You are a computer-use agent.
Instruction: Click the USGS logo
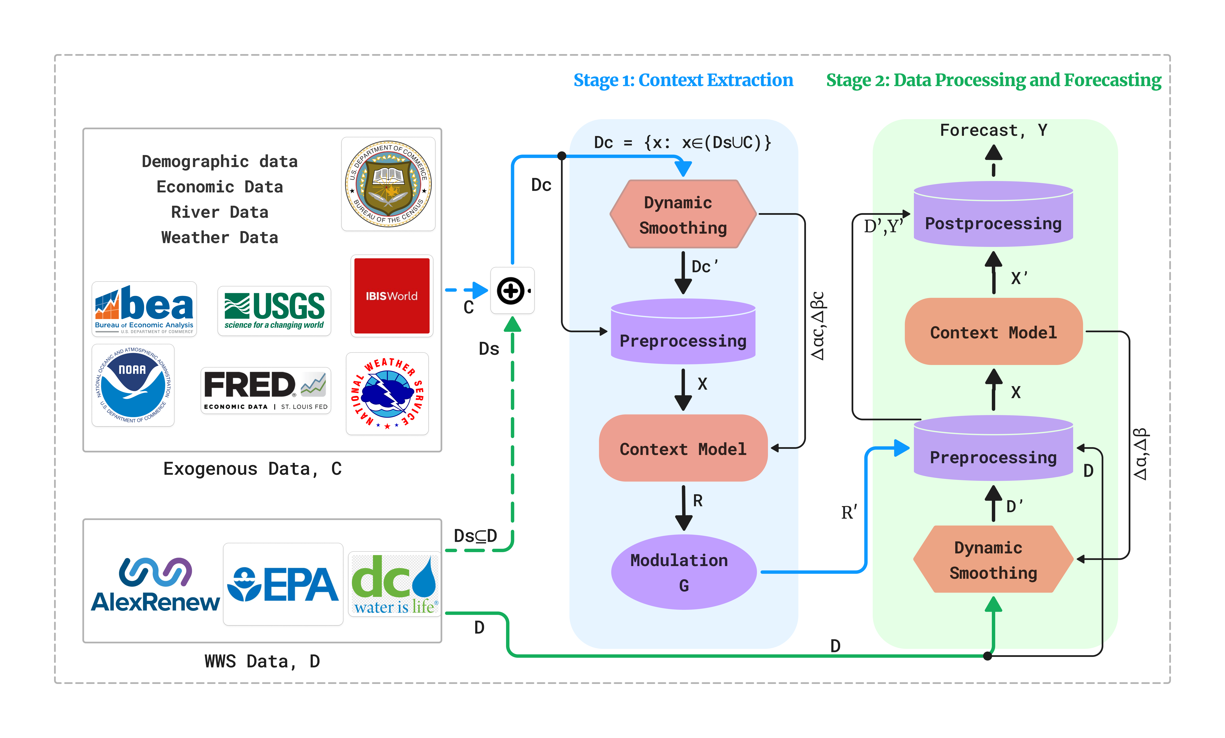point(274,311)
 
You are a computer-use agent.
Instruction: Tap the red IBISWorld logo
point(392,296)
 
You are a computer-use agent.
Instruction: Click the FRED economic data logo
point(265,390)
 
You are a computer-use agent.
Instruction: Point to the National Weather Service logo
point(387,393)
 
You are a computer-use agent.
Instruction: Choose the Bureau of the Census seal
point(388,184)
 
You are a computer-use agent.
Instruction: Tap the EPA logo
point(283,584)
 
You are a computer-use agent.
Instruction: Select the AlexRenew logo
point(155,585)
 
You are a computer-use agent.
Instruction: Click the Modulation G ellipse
point(684,572)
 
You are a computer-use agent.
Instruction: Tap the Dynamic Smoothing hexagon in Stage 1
point(683,214)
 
